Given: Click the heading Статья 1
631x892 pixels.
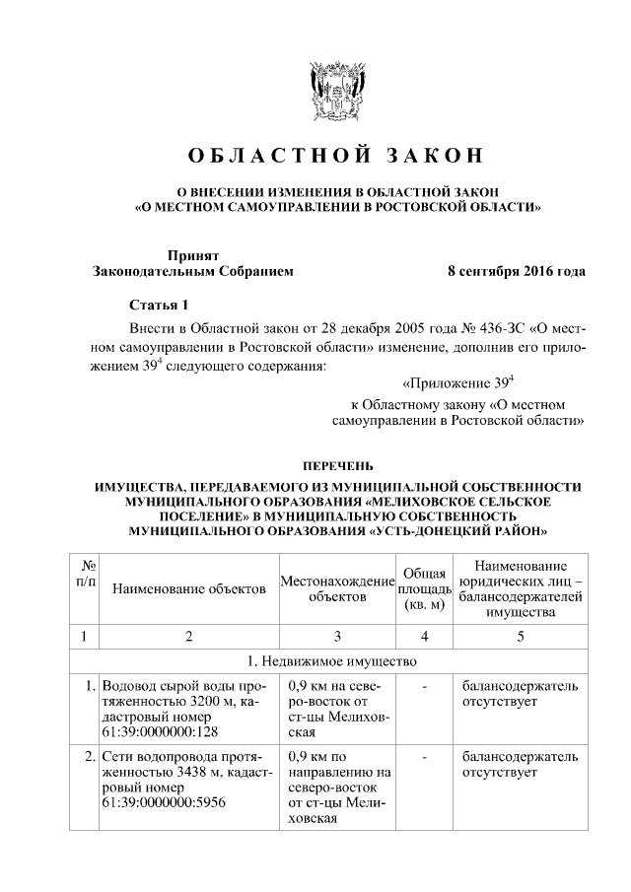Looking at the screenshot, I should (158, 305).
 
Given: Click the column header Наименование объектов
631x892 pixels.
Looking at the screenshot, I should (189, 589).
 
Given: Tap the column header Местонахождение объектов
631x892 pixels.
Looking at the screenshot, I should (337, 589).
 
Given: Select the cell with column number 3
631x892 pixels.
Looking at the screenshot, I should (337, 636).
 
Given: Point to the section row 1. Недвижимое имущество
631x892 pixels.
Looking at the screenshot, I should (336, 660).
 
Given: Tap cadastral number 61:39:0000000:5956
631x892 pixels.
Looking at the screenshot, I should (162, 803).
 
